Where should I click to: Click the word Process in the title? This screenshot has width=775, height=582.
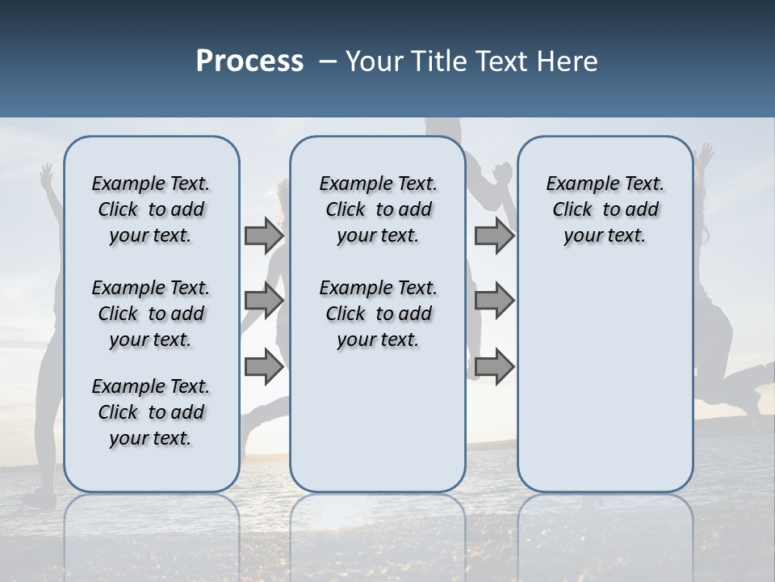pyautogui.click(x=249, y=61)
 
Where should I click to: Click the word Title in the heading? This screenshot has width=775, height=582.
pyautogui.click(x=436, y=61)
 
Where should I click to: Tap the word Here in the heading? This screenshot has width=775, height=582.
pyautogui.click(x=567, y=61)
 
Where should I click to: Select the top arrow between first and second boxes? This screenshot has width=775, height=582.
pyautogui.click(x=264, y=235)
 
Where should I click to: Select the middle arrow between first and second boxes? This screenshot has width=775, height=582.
pyautogui.click(x=264, y=301)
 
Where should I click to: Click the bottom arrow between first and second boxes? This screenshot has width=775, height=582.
pyautogui.click(x=264, y=367)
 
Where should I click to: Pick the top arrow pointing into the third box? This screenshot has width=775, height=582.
pyautogui.click(x=494, y=235)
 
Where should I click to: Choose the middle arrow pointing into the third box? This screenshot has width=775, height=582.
pyautogui.click(x=494, y=301)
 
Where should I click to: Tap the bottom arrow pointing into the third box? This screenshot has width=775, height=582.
pyautogui.click(x=494, y=367)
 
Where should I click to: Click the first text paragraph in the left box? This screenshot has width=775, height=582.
pyautogui.click(x=151, y=209)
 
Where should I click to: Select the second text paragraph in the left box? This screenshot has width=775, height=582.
pyautogui.click(x=151, y=314)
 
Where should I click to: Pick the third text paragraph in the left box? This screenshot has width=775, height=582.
pyautogui.click(x=151, y=412)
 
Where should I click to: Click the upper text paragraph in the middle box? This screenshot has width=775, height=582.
pyautogui.click(x=378, y=209)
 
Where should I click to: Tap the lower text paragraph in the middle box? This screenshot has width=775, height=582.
pyautogui.click(x=378, y=314)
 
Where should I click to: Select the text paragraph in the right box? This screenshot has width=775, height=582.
pyautogui.click(x=605, y=209)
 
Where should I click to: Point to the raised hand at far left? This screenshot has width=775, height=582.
pyautogui.click(x=47, y=174)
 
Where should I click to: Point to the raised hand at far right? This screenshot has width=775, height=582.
pyautogui.click(x=706, y=154)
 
